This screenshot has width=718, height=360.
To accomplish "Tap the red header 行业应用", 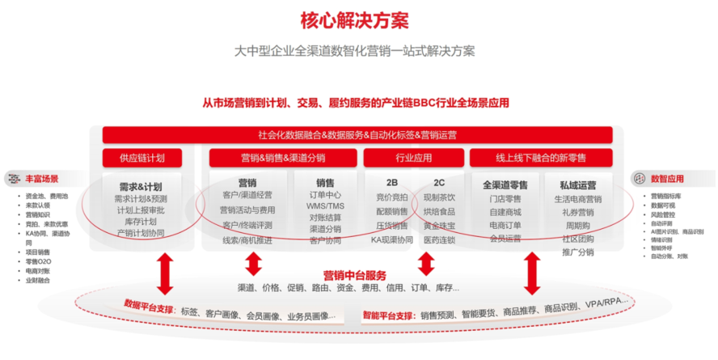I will (x=413, y=158).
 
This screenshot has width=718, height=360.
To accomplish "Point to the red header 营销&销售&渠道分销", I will (x=282, y=158).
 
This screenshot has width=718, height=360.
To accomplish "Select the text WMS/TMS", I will (x=325, y=206).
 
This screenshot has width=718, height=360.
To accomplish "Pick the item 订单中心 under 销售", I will (x=325, y=195).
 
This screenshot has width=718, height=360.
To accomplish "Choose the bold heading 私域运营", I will (x=577, y=184).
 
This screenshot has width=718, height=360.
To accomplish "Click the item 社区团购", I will (x=577, y=239).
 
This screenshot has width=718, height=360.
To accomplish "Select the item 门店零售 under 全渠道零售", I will (x=505, y=199).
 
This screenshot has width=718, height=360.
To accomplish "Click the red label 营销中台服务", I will (x=354, y=274).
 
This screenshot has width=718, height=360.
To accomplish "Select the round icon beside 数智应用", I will (x=640, y=178).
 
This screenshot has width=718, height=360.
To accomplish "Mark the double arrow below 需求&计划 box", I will (x=165, y=273).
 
